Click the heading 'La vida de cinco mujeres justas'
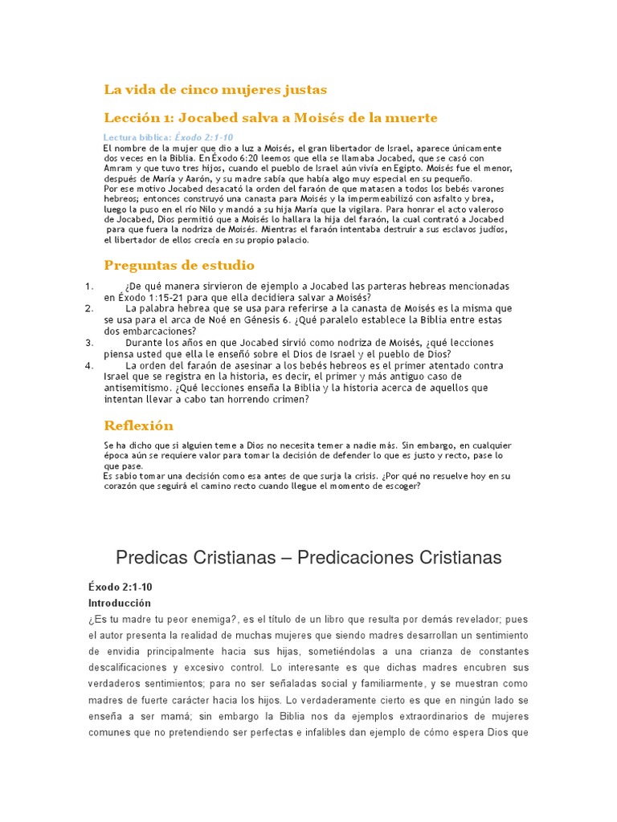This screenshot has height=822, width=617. [x=215, y=89]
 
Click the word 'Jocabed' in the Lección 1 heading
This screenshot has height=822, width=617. [x=209, y=118]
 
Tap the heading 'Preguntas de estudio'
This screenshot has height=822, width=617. [x=179, y=265]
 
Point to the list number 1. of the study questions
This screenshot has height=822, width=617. [x=89, y=286]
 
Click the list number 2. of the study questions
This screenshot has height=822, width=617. [x=89, y=308]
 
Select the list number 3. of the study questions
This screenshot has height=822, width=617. [x=89, y=342]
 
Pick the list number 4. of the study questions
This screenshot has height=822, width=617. [x=89, y=365]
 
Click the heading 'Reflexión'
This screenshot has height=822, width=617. [x=139, y=425]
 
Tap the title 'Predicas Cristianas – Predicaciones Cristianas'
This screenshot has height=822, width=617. [x=308, y=557]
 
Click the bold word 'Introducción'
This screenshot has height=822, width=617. [x=119, y=603]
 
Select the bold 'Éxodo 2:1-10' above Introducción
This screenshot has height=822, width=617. [x=119, y=588]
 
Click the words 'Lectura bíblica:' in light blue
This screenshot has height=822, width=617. [x=138, y=137]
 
